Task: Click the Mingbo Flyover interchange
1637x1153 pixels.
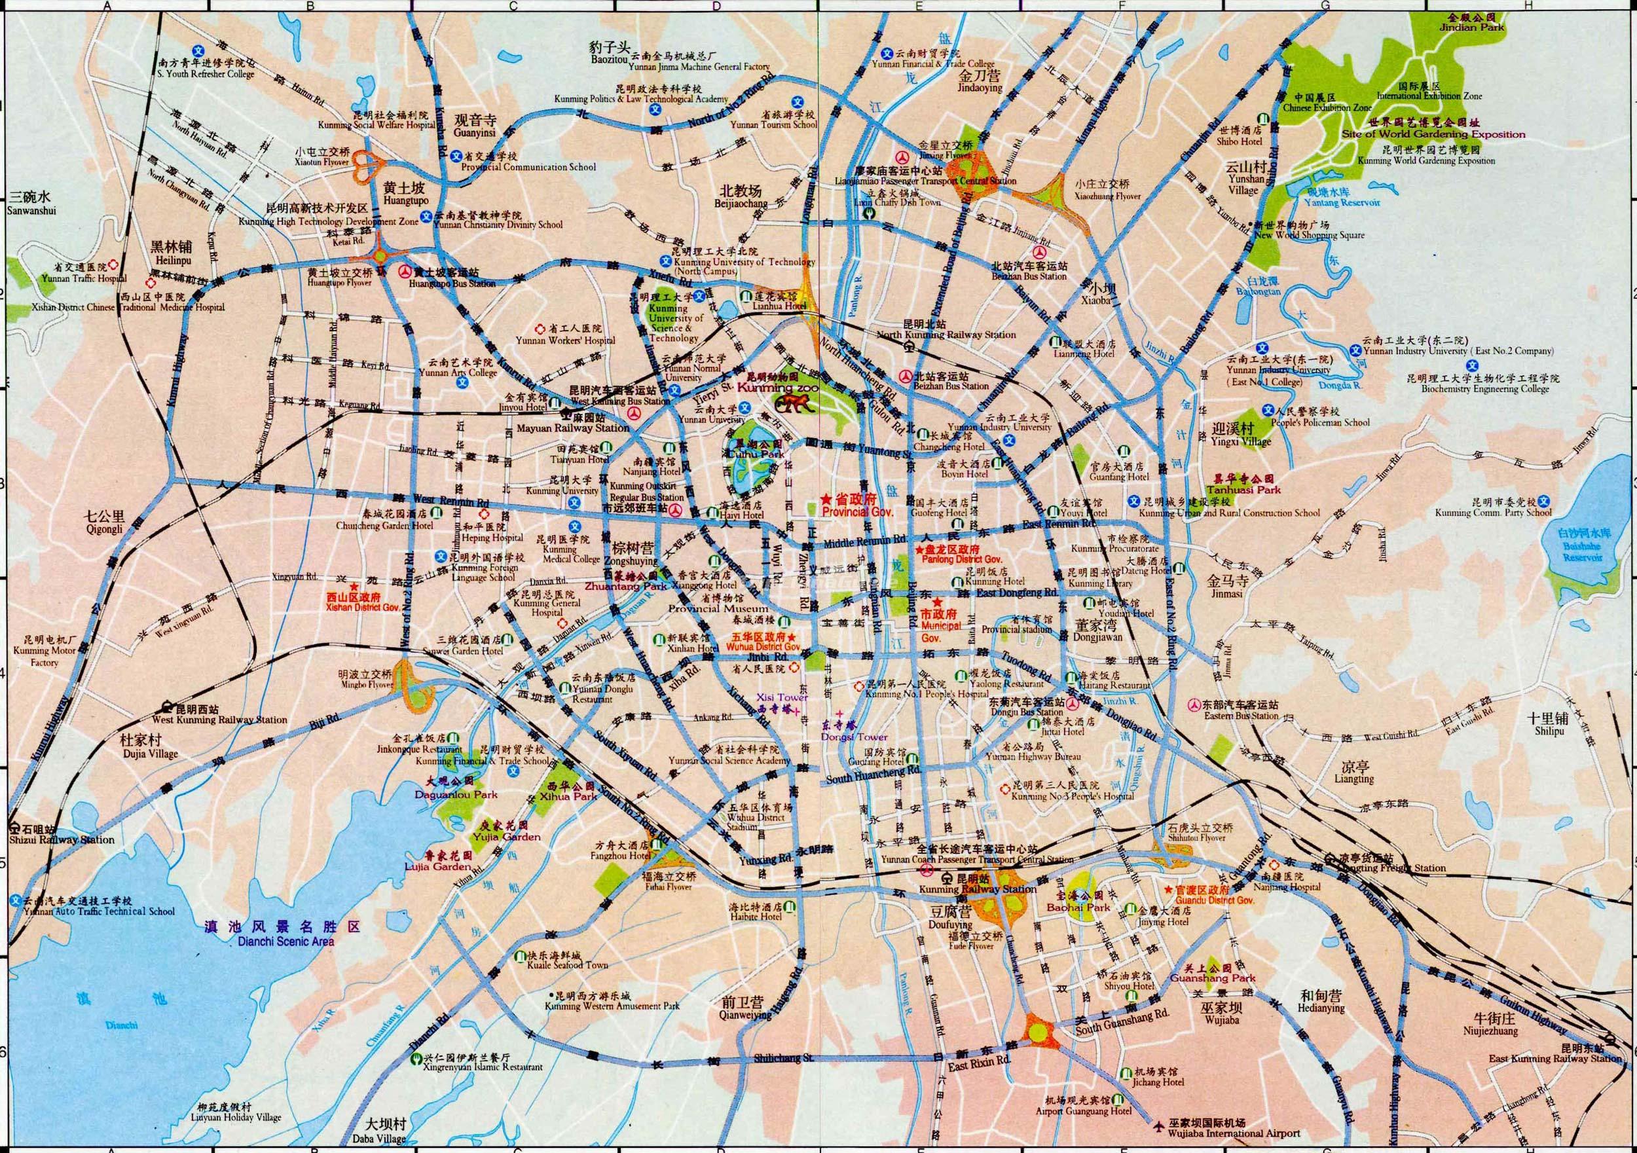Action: point(414,687)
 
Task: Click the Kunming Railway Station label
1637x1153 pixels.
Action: point(977,889)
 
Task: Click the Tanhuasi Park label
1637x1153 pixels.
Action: point(1243,489)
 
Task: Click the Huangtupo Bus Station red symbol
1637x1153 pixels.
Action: point(404,271)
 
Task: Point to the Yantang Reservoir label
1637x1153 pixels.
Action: point(1339,202)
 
